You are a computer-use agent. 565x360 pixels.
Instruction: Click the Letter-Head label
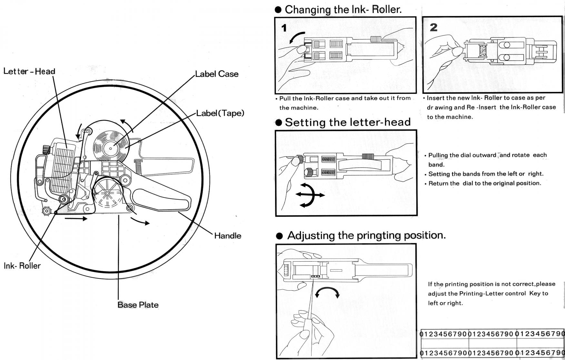tap(29, 71)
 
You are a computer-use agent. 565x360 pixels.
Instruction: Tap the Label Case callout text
tap(217, 74)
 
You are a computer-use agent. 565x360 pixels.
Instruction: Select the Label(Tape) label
tap(220, 113)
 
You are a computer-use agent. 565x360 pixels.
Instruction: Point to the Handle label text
tap(228, 235)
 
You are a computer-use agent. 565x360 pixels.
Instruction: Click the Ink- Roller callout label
tap(22, 265)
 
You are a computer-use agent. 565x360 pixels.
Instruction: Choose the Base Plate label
tap(138, 305)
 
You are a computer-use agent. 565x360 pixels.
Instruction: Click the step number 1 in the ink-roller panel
tap(284, 28)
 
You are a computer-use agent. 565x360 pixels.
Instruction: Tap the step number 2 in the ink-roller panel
tap(434, 27)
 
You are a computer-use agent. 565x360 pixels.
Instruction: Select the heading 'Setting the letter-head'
tap(348, 122)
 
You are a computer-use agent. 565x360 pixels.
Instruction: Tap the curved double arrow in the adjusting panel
tap(327, 290)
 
